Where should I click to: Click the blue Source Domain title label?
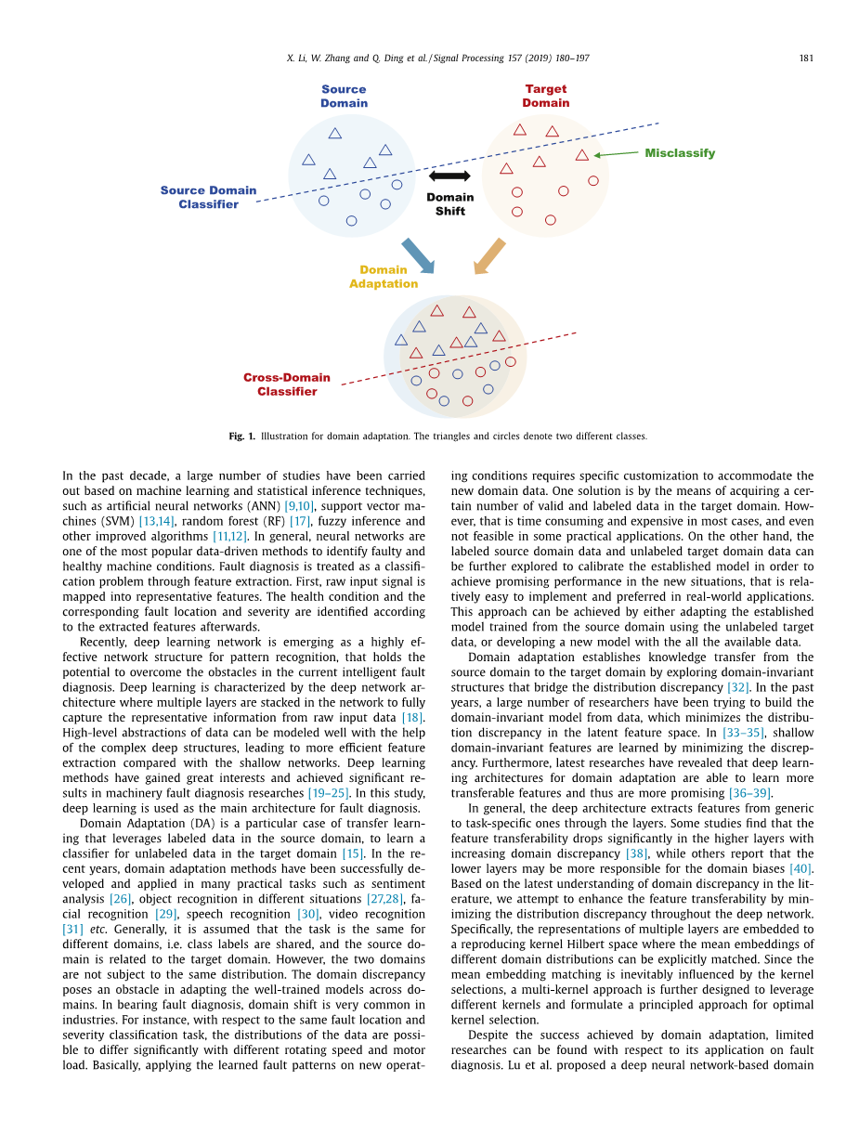(344, 97)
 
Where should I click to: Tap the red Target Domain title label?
(546, 97)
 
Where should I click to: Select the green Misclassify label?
(680, 153)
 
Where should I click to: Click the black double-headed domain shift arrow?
(449, 176)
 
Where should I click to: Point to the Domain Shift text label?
(449, 204)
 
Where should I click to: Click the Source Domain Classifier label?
(208, 197)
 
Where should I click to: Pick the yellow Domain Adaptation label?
(384, 277)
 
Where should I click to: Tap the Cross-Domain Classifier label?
(287, 384)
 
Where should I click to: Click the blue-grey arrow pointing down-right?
(418, 255)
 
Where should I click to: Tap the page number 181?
(806, 59)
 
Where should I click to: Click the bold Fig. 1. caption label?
(241, 436)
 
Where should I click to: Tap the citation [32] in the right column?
(738, 687)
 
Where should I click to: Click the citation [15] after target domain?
(352, 853)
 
